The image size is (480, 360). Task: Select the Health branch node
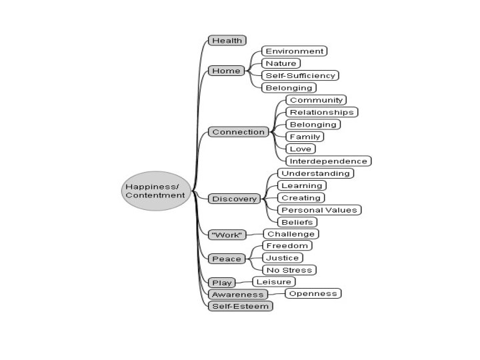[x=227, y=41]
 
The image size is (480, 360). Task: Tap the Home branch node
[x=226, y=71]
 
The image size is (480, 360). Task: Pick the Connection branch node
[x=238, y=132]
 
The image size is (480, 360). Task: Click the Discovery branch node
[x=234, y=199]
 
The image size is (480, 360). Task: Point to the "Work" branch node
[x=227, y=235]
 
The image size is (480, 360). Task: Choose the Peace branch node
[x=227, y=259]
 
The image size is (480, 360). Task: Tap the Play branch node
[x=221, y=283]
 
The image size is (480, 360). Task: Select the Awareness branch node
[x=238, y=294]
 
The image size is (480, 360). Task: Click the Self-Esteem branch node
[x=241, y=306]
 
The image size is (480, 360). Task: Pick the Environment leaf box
[x=294, y=51]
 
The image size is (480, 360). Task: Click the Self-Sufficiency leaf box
[x=299, y=75]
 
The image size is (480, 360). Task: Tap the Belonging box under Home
[x=289, y=87]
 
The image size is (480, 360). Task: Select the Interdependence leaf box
[x=328, y=161]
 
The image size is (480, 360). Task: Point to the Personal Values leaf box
[x=319, y=210]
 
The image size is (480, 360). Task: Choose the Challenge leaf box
[x=290, y=234]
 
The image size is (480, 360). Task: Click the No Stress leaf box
[x=289, y=270]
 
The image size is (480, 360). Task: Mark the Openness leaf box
[x=313, y=293]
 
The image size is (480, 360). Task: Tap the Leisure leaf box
[x=273, y=282]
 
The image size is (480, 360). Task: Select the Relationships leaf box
[x=321, y=112]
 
